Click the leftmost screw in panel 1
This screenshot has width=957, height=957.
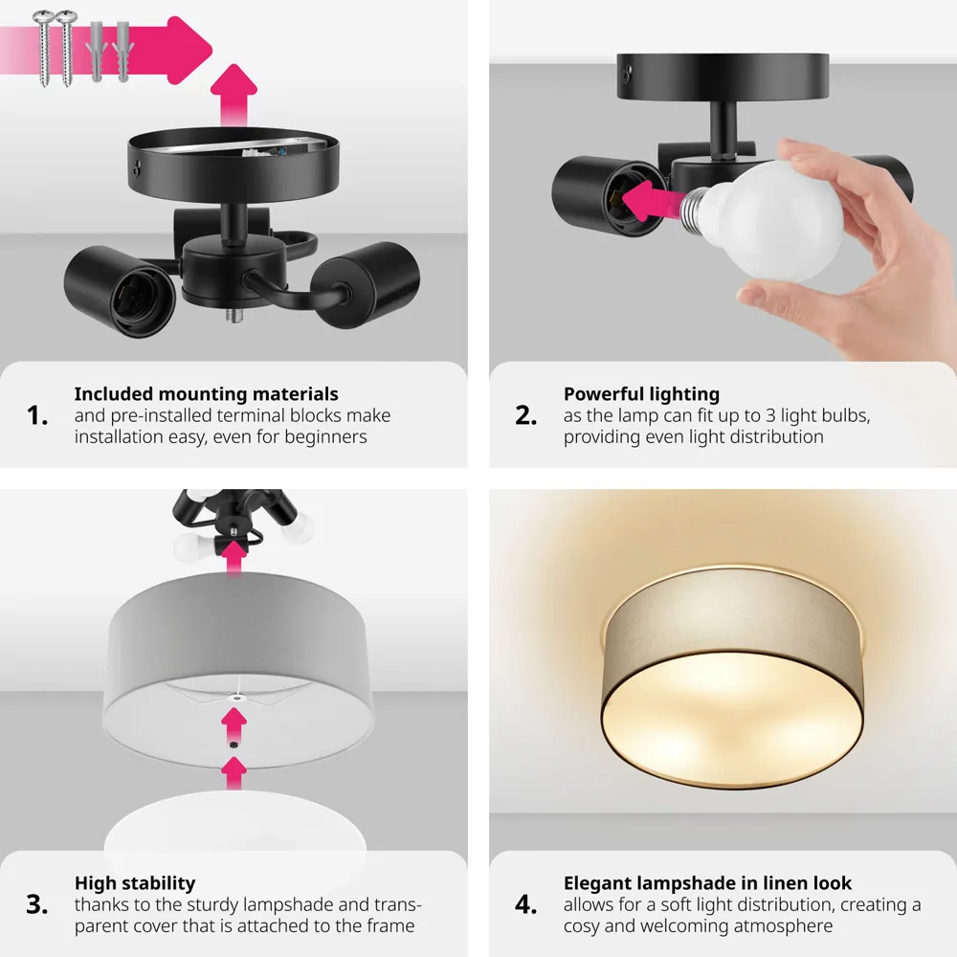(44, 48)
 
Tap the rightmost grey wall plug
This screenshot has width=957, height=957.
(122, 52)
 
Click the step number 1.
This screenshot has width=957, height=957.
(37, 415)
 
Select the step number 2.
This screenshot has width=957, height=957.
(526, 415)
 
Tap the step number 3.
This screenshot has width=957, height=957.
(37, 904)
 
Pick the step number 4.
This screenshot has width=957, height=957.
(526, 904)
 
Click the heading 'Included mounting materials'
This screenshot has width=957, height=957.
(207, 394)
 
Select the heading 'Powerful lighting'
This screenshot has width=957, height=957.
(641, 394)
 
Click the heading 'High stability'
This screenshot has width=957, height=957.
(135, 883)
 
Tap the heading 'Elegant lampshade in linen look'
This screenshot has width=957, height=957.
(707, 883)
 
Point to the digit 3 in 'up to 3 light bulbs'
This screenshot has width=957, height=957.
(770, 415)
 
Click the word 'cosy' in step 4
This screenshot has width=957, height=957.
(580, 926)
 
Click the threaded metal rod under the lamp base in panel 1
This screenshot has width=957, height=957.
(235, 314)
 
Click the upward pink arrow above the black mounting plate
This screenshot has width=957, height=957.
(234, 96)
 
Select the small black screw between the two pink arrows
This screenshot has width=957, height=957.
(234, 746)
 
